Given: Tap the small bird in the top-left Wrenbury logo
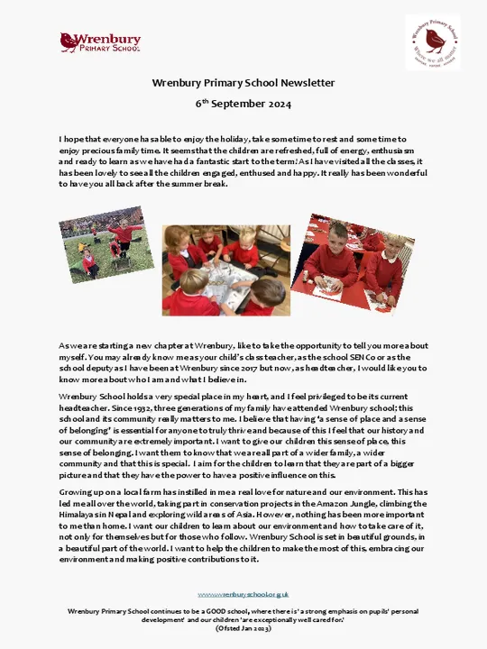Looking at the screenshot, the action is point(68,41).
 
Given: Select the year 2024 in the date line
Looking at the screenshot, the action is point(278,105).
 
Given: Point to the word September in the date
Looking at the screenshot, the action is point(236,105).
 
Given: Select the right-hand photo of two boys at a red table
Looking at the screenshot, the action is point(354,261).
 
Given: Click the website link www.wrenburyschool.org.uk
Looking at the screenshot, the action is point(243,594).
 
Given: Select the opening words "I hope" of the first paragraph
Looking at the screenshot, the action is point(71,140).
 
